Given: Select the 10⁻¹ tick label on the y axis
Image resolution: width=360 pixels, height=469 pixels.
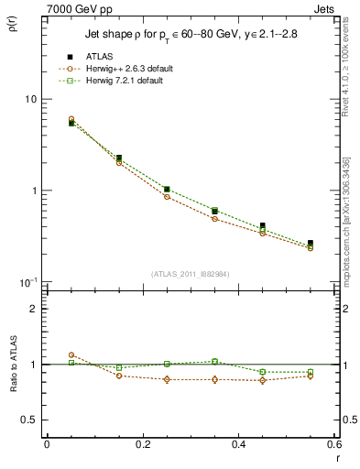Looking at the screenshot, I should point(27,281).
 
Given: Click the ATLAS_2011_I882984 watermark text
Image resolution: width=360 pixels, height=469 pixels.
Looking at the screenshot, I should point(190,273).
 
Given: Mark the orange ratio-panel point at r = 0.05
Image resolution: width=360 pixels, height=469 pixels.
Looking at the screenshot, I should point(71,354).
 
